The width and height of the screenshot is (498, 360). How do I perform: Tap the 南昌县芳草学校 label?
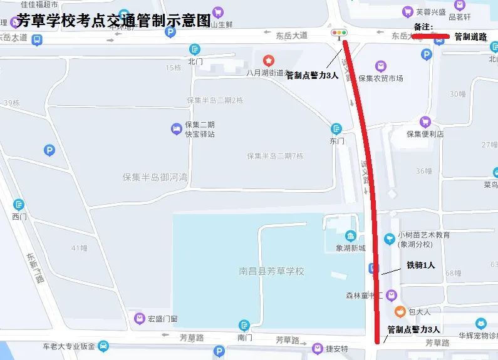[x=271, y=271]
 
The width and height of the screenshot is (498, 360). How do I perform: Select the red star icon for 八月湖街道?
[x=269, y=60]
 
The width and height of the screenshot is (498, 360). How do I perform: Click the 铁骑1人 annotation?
[x=421, y=265]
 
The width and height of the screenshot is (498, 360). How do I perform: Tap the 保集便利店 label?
[x=425, y=133]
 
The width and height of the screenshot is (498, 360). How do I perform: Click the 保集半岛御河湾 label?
[x=155, y=177]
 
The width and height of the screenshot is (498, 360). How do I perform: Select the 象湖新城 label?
[x=351, y=248]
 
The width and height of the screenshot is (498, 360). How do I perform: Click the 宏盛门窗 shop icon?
[x=140, y=319]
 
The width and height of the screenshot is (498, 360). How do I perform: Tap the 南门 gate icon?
[x=244, y=326]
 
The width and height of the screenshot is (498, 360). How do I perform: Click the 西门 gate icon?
[x=19, y=205]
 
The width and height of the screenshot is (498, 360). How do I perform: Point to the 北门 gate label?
[x=195, y=61]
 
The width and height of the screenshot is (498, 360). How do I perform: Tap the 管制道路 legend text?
[x=471, y=37]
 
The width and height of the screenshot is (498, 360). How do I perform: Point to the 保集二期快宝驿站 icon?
[x=177, y=129]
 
